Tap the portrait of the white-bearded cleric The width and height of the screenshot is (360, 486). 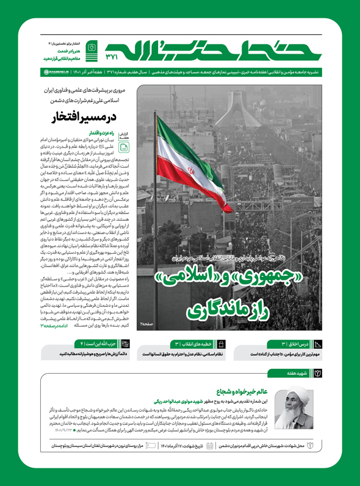pyautogui.click(x=298, y=400)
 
